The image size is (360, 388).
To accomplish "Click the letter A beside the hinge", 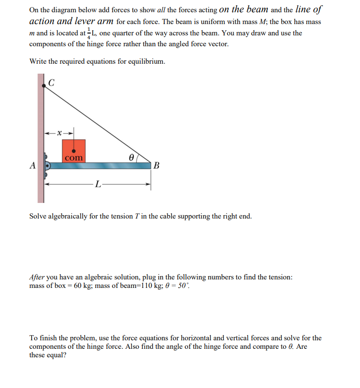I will point(32,166).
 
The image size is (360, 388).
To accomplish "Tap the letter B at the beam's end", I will point(157,166).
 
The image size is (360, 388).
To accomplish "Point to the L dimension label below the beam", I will point(97,184).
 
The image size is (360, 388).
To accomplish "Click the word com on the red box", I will point(74,157).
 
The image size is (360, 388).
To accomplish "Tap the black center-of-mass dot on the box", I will point(73,150).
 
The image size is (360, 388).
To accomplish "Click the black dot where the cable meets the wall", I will point(44,85).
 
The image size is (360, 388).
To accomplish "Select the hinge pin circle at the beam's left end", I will point(48,166).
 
